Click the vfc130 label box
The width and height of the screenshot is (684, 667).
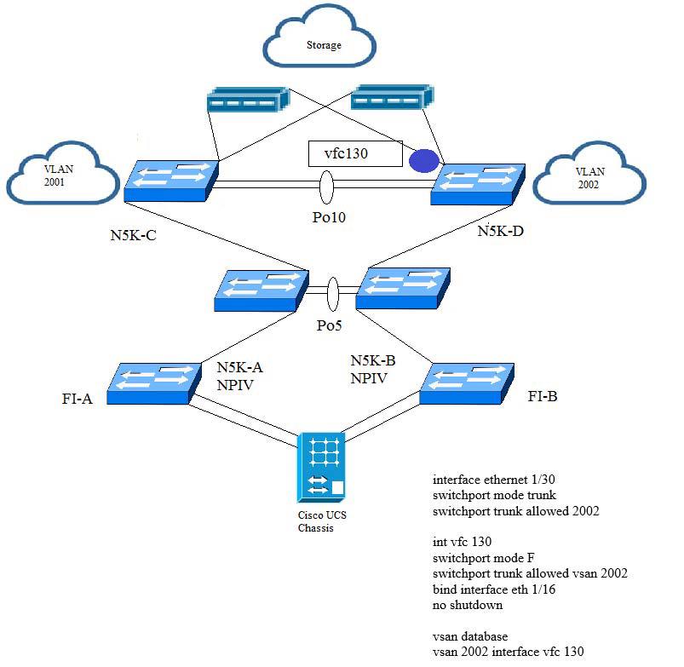[355, 153]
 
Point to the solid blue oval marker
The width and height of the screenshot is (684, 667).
[423, 160]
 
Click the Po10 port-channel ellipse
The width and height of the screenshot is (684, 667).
[326, 187]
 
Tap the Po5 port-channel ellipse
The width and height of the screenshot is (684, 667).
[332, 294]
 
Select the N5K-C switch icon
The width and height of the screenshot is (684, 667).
[171, 181]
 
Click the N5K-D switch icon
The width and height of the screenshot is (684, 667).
[478, 185]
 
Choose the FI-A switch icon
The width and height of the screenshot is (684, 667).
[154, 384]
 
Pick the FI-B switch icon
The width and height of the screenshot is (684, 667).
[467, 384]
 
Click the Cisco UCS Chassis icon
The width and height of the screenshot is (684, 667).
[321, 468]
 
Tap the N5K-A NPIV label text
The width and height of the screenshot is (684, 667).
[239, 376]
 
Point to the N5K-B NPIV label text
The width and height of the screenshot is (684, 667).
[373, 369]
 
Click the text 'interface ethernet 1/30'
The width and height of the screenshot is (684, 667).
[493, 480]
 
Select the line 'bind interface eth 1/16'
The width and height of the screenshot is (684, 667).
[494, 589]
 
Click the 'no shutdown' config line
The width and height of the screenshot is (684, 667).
[467, 605]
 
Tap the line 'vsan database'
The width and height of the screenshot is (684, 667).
[470, 636]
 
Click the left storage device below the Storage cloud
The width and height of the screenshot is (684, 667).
[248, 100]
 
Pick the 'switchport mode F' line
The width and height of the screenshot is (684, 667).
[483, 558]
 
